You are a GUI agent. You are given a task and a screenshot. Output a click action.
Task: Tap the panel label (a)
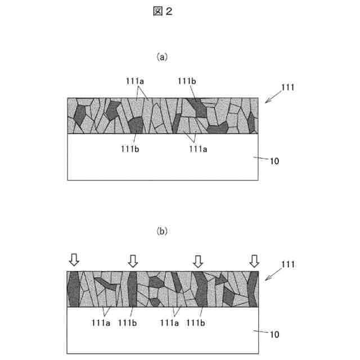(x=162, y=57)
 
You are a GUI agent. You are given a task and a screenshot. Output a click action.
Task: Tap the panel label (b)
(x=162, y=231)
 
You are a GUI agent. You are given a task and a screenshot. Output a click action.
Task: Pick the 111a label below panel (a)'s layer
(x=197, y=149)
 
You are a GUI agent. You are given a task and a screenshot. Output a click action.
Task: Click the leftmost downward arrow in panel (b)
(x=74, y=260)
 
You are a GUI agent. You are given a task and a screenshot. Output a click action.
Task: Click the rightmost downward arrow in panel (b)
(x=255, y=260)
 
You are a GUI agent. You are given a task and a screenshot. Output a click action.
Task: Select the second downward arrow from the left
(x=133, y=260)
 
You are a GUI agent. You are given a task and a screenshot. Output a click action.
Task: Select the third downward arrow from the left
(x=197, y=260)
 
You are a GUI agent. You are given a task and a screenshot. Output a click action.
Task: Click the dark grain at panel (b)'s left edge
(x=74, y=290)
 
